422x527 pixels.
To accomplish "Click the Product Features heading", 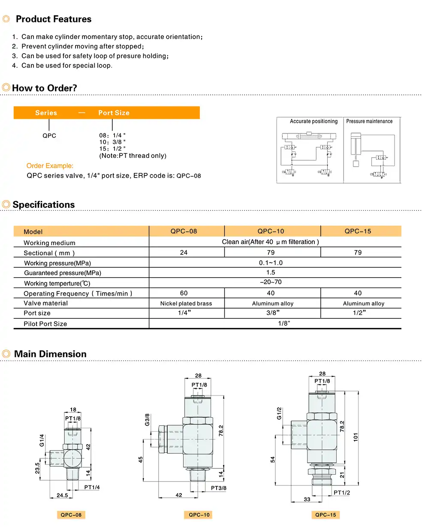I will [x=54, y=19].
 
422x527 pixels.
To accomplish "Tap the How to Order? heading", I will [x=45, y=88].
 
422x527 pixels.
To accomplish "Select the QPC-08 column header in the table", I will [x=184, y=231].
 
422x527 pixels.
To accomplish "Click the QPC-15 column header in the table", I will [x=358, y=231].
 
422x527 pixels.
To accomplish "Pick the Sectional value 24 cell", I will [x=184, y=253].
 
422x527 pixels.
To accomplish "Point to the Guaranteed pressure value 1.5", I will [x=271, y=273].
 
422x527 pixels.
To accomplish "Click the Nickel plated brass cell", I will [x=186, y=303].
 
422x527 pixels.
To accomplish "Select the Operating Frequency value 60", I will [x=184, y=293].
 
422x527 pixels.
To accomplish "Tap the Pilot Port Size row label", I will [x=45, y=324].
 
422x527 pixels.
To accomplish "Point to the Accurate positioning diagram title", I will [x=313, y=121].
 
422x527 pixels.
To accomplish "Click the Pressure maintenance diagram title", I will [x=369, y=121].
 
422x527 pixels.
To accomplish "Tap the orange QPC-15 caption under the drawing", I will [x=326, y=515].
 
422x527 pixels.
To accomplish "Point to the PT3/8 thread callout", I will [x=218, y=488].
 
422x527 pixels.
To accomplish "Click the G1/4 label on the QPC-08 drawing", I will [x=42, y=440].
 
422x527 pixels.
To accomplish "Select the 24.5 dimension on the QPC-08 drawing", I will [x=62, y=495].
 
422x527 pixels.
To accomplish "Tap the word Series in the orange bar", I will [x=46, y=113].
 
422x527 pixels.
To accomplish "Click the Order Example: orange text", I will [x=50, y=166].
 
